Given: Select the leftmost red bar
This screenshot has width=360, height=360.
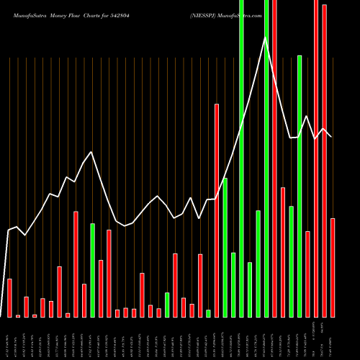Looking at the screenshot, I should pos(9,297).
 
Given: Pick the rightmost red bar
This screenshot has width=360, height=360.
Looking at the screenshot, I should pos(333,267).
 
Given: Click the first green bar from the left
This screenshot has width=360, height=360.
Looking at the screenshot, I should pos(93,270).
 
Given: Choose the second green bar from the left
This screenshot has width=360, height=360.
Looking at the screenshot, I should pos(167,305).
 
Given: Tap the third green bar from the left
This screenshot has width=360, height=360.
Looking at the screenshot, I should pos(209,313).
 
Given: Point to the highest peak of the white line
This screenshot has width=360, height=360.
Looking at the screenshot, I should pos(266,37).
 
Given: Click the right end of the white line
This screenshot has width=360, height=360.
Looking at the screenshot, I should pos(332,137).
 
